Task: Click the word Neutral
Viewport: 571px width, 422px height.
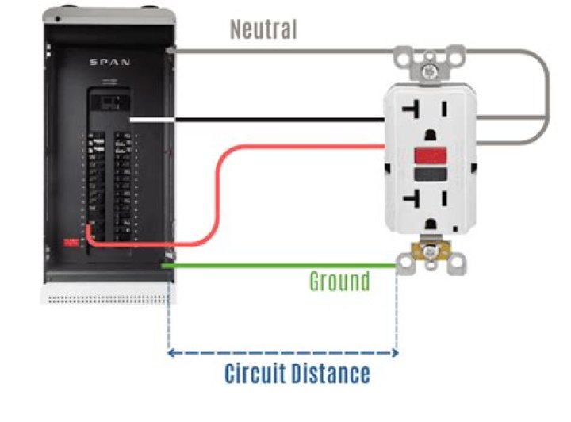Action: click(263, 29)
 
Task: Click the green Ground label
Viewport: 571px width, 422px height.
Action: click(339, 282)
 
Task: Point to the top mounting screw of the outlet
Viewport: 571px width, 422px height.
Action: click(430, 70)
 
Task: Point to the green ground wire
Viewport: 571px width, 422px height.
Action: click(278, 266)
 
